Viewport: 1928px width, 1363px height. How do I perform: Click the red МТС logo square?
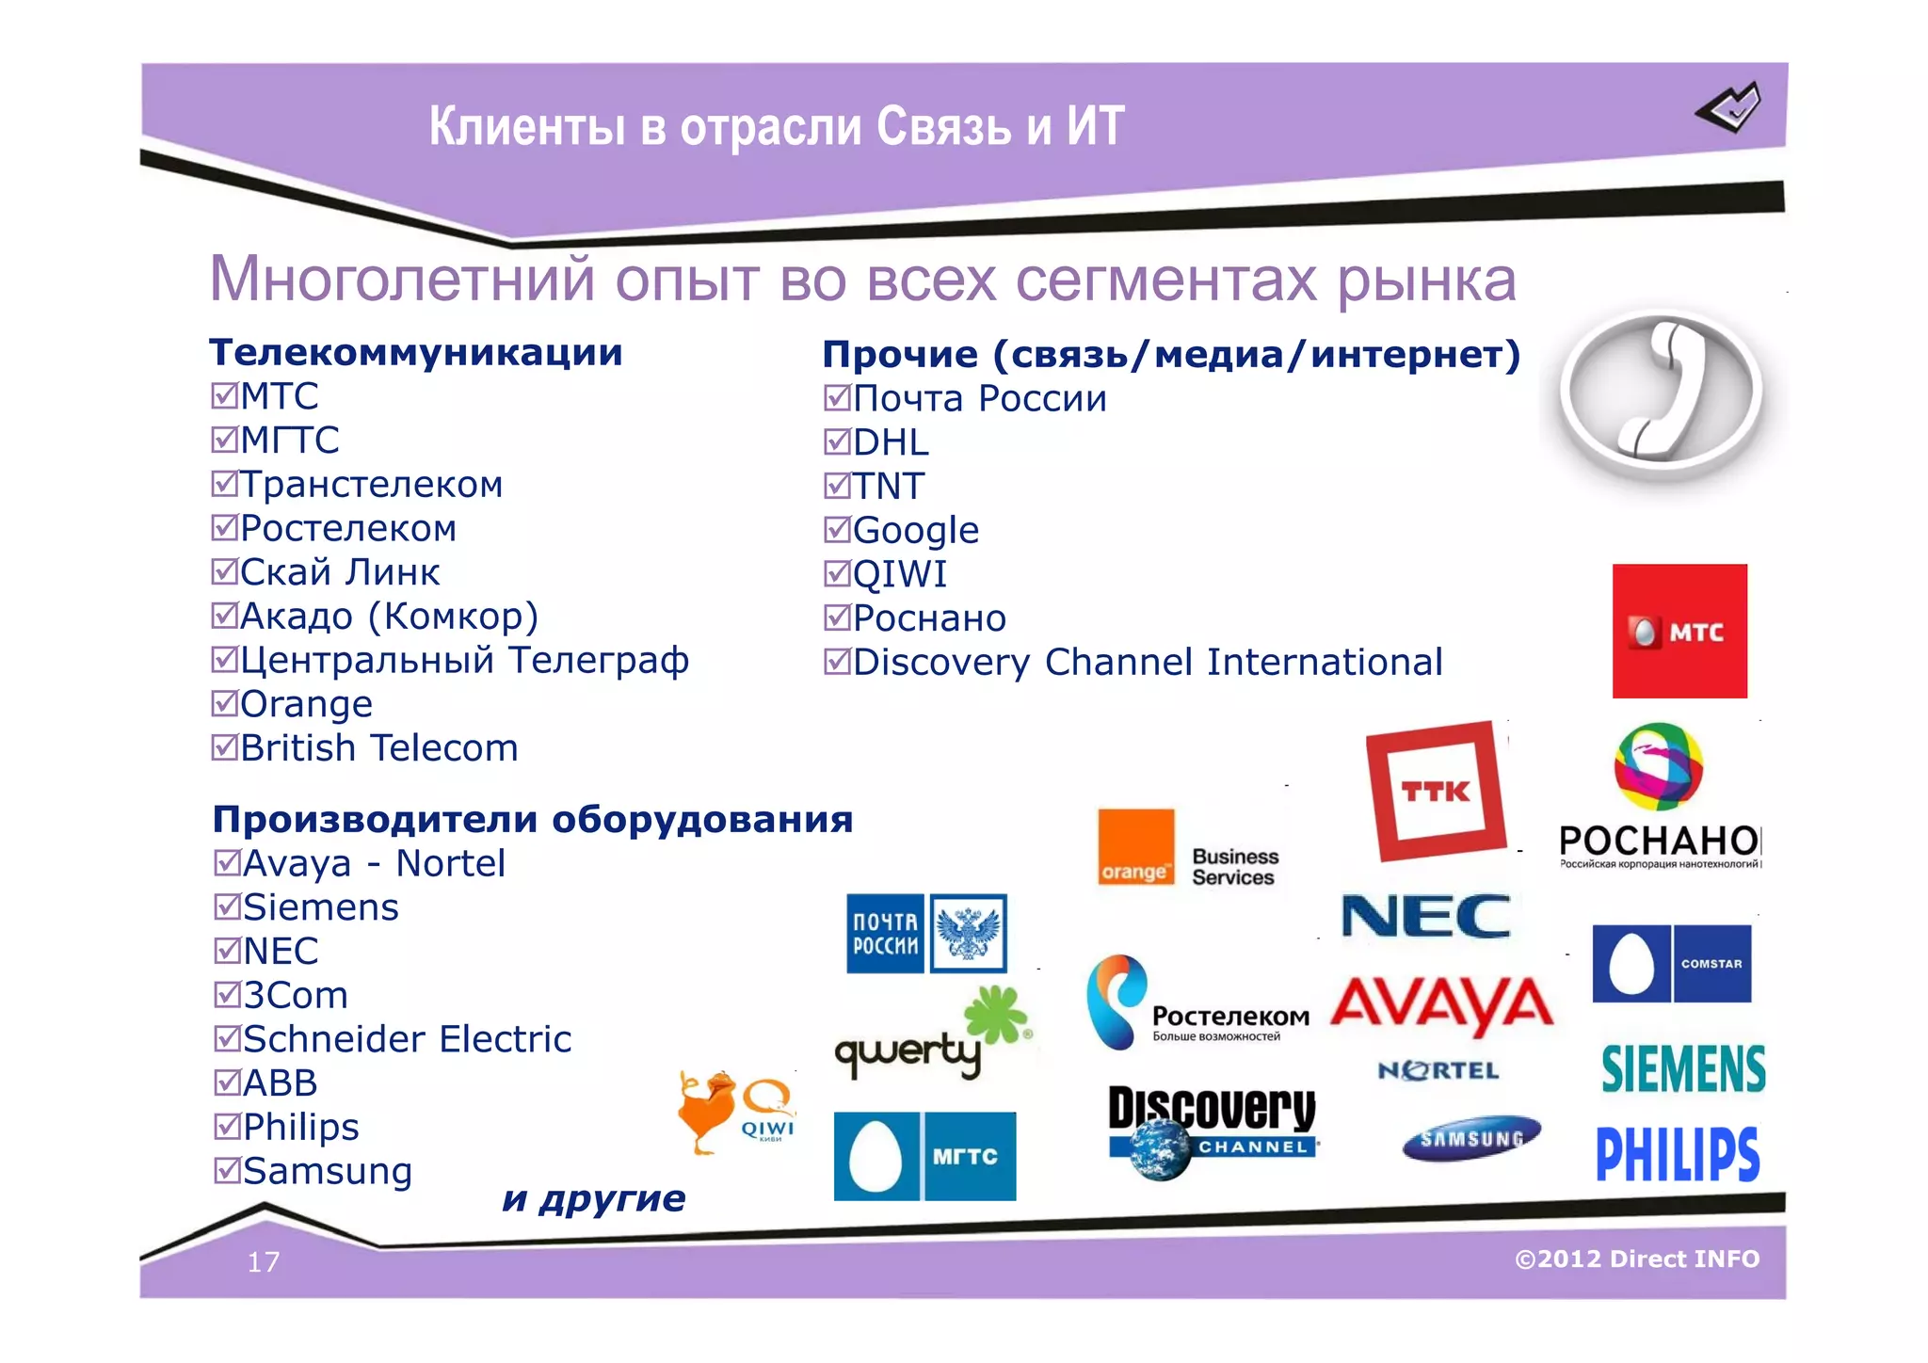[x=1679, y=631]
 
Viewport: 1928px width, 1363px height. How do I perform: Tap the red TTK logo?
[x=1436, y=791]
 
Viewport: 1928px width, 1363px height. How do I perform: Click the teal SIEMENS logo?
[x=1683, y=1069]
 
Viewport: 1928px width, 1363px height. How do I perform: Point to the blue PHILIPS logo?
[x=1678, y=1154]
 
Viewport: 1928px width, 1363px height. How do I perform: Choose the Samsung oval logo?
[x=1471, y=1138]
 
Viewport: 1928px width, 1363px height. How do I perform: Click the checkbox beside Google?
[x=837, y=530]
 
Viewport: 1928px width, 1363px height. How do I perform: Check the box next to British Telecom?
[x=224, y=747]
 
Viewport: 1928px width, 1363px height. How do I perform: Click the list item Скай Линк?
[x=339, y=572]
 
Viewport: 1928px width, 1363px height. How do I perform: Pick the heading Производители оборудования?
[x=533, y=819]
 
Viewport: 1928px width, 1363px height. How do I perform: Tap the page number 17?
[x=264, y=1261]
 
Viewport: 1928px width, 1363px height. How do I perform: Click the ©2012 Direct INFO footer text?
[x=1637, y=1259]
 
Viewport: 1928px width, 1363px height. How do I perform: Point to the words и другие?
[x=594, y=1198]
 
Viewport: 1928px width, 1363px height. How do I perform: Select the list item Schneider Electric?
[x=407, y=1039]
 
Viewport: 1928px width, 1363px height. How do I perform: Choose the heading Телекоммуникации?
[x=415, y=352]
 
